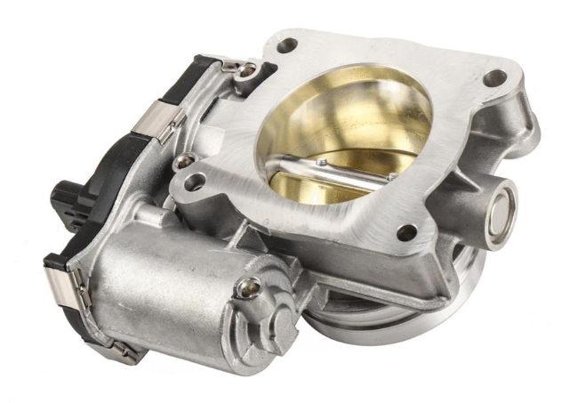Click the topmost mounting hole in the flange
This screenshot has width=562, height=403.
(x=286, y=45)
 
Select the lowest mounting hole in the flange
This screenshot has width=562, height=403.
(x=406, y=232)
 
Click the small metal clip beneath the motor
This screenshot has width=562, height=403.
(x=127, y=353)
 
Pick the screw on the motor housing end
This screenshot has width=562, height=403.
(x=249, y=287)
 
